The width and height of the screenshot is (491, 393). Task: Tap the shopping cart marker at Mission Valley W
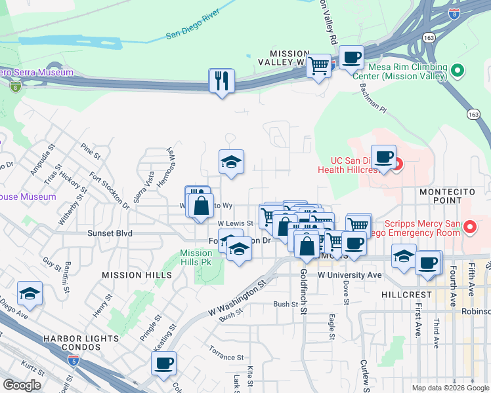[318, 65]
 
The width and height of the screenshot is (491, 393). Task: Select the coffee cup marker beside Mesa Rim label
[351, 58]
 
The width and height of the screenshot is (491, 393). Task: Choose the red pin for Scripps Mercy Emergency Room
[470, 228]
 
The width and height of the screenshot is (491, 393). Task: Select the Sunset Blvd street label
[110, 233]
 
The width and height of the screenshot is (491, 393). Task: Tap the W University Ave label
[349, 275]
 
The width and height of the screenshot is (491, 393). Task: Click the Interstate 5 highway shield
[72, 360]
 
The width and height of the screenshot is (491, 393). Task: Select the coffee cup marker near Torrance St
[163, 364]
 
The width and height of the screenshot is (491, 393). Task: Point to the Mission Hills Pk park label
[196, 257]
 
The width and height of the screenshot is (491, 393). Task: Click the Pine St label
[91, 157]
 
